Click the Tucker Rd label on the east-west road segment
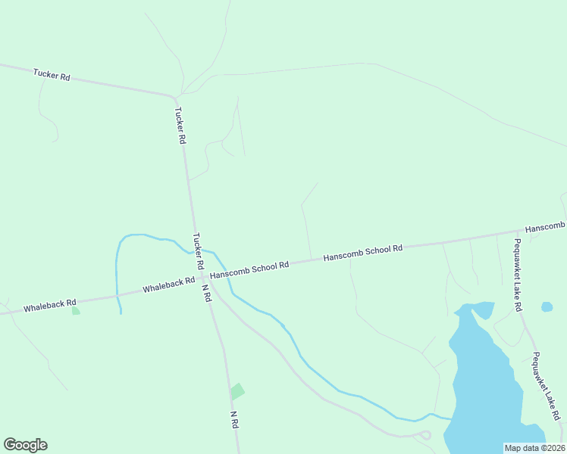coord(52,76)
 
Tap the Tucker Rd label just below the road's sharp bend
coord(180,126)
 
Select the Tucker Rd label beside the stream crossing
coord(199,252)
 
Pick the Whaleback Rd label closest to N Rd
coord(168,285)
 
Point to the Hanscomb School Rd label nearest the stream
coord(249,269)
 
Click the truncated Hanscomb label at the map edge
coord(545,228)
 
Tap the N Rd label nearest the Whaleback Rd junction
coord(205,291)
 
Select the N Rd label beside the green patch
coord(235,421)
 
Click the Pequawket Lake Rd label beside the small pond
coord(517,275)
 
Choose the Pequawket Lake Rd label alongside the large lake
coord(546,386)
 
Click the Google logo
coord(25,445)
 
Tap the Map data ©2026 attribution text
coord(534,448)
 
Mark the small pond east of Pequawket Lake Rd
coord(547,306)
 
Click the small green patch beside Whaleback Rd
coord(75,310)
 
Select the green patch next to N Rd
coord(237,391)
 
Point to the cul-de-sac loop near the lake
coord(424,435)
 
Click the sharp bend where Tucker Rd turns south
coord(176,97)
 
